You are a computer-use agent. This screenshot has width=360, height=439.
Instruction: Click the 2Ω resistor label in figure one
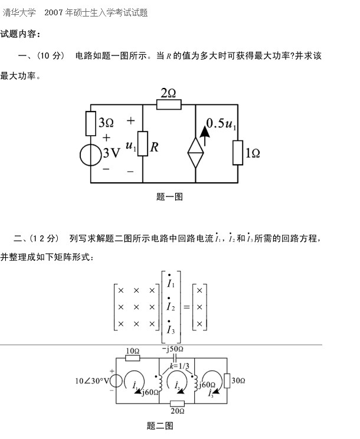pyautogui.click(x=168, y=93)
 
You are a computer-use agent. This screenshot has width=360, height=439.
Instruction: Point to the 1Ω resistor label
pyautogui.click(x=253, y=153)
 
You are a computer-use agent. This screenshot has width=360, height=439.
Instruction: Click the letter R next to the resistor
pyautogui.click(x=155, y=148)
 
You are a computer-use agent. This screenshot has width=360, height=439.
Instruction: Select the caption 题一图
pyautogui.click(x=169, y=197)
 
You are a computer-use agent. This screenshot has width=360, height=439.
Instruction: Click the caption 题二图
pyautogui.click(x=160, y=425)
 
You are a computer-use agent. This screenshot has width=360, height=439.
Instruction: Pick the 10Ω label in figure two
pyautogui.click(x=133, y=350)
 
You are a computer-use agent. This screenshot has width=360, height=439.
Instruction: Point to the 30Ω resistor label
pyautogui.click(x=238, y=381)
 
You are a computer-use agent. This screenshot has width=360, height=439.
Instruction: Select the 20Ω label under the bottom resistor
pyautogui.click(x=177, y=411)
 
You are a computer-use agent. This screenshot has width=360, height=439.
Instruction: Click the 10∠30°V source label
pyautogui.click(x=93, y=381)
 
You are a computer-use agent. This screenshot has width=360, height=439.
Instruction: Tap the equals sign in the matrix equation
pyautogui.click(x=186, y=307)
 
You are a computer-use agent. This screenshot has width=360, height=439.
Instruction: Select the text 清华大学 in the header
pyautogui.click(x=19, y=12)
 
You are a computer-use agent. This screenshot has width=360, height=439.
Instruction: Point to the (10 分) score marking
pyautogui.click(x=51, y=56)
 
